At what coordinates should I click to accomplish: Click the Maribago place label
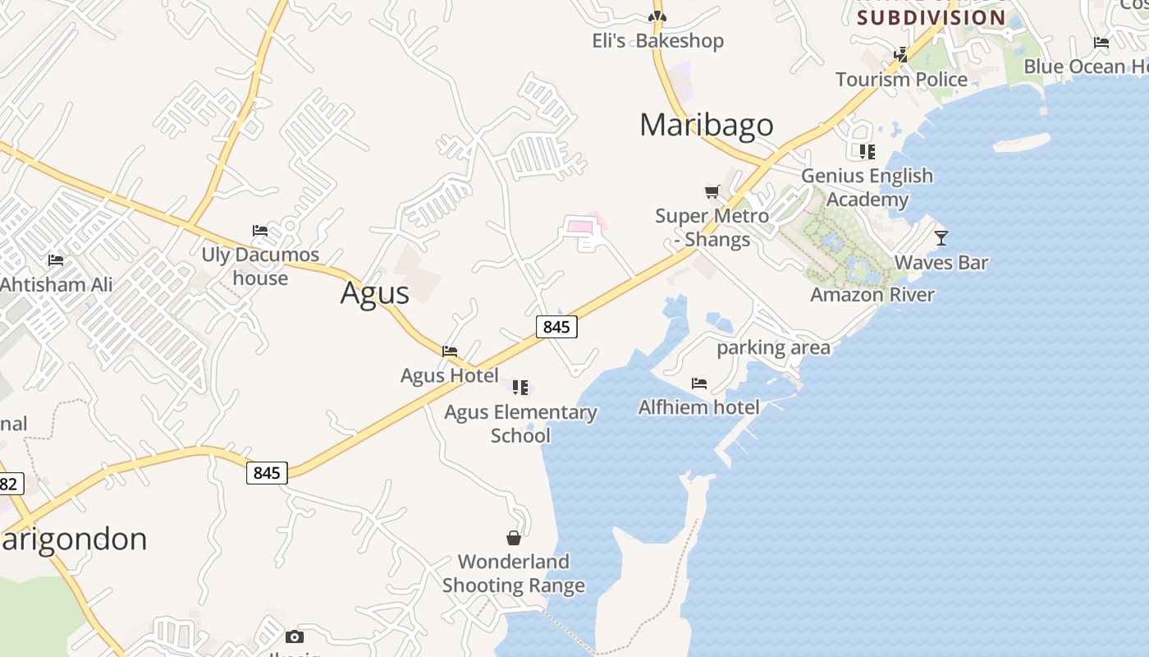[706, 125]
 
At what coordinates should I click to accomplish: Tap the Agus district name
[374, 293]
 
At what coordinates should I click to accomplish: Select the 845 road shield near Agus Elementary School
[556, 327]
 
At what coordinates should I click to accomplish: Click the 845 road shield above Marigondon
[267, 473]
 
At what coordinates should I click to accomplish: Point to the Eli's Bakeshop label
[657, 41]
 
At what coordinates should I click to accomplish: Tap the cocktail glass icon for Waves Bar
[941, 238]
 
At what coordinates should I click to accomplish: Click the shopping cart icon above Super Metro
[712, 192]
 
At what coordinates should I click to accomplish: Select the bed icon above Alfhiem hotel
[699, 383]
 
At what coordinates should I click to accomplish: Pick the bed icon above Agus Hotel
[450, 351]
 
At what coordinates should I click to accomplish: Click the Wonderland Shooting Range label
[514, 573]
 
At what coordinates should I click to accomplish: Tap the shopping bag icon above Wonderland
[514, 538]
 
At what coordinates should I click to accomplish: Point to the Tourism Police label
[901, 80]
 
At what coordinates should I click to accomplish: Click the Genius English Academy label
[867, 187]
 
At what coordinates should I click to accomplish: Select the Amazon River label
[872, 295]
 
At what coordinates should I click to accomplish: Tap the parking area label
[773, 347]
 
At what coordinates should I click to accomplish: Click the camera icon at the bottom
[294, 636]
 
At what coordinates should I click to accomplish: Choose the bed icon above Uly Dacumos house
[260, 231]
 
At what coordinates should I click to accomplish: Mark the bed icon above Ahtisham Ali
[56, 260]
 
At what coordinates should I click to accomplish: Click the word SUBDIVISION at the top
[932, 17]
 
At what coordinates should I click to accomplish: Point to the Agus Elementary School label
[520, 423]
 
